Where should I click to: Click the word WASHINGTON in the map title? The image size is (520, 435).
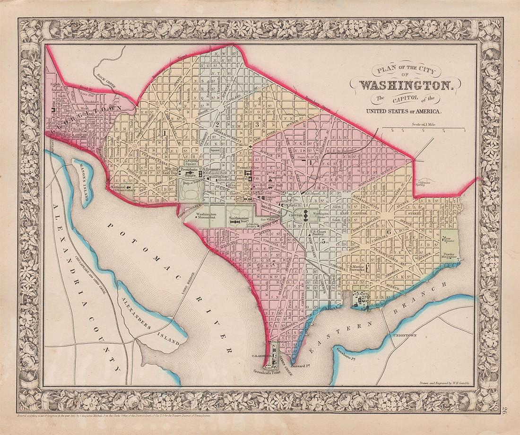click(x=407, y=86)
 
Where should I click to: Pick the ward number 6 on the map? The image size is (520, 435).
click(x=389, y=232)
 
